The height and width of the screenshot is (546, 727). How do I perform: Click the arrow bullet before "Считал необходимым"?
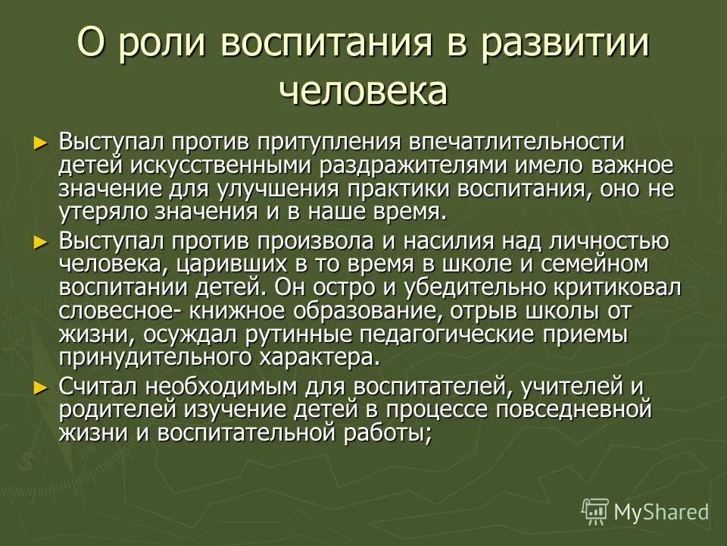click(41, 388)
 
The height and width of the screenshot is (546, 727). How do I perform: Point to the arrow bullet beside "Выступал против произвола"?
click(41, 242)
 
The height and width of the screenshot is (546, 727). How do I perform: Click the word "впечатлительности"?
click(513, 142)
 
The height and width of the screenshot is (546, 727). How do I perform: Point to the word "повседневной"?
click(565, 410)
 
